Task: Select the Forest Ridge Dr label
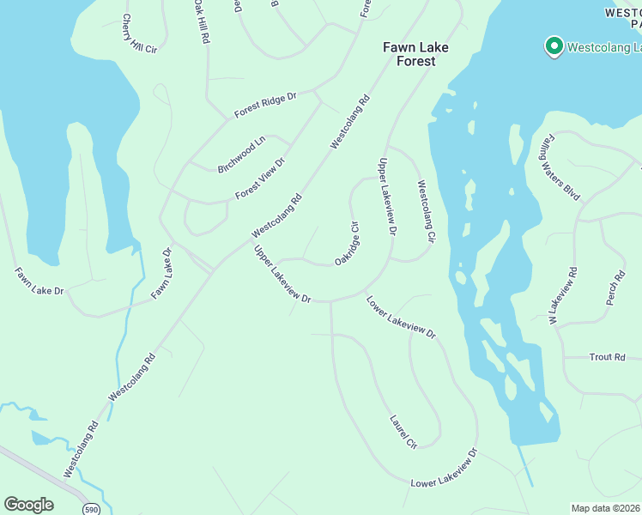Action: point(265,106)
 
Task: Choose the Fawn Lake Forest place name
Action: point(415,54)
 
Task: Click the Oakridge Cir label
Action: point(347,243)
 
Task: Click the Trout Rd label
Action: point(608,357)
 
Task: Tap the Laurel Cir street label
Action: point(403,432)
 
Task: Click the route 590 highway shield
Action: point(90,509)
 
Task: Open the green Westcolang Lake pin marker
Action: point(554,45)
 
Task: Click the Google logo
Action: point(28,505)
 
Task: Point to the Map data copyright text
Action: point(606,508)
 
